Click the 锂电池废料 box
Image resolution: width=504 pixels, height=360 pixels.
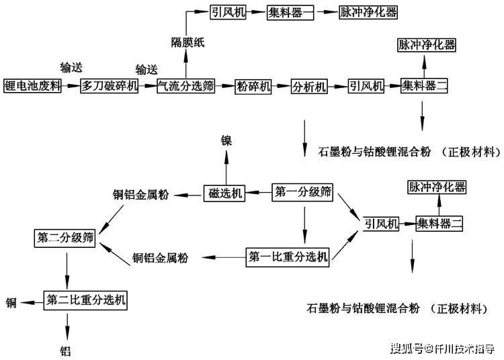(32, 86)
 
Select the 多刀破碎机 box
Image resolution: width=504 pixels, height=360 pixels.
(110, 86)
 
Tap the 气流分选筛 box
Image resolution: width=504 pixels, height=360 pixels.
(185, 86)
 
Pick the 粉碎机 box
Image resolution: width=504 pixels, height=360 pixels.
(253, 87)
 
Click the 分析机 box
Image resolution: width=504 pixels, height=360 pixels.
(309, 87)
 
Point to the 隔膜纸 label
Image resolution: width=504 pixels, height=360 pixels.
(187, 42)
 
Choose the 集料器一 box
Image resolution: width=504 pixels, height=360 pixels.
(290, 13)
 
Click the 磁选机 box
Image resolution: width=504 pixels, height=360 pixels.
(224, 193)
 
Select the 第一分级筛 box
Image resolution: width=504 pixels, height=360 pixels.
(302, 192)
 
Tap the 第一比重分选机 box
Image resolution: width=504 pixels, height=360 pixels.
(288, 257)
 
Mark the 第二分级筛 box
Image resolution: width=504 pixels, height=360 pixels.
(65, 238)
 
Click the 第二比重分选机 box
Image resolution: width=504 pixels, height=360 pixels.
(85, 300)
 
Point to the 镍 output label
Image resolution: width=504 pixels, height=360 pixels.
(226, 140)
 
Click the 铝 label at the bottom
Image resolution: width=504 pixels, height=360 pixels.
(66, 351)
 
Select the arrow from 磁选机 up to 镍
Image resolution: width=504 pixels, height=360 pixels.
(226, 167)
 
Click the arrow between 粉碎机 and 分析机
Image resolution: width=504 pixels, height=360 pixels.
(281, 86)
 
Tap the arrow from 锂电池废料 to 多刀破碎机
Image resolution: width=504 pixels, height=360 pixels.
(71, 86)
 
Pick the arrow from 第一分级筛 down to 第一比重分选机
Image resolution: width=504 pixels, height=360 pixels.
(304, 225)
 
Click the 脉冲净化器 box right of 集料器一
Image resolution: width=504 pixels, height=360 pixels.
(368, 12)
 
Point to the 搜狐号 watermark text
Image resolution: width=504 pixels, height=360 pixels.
(407, 349)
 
